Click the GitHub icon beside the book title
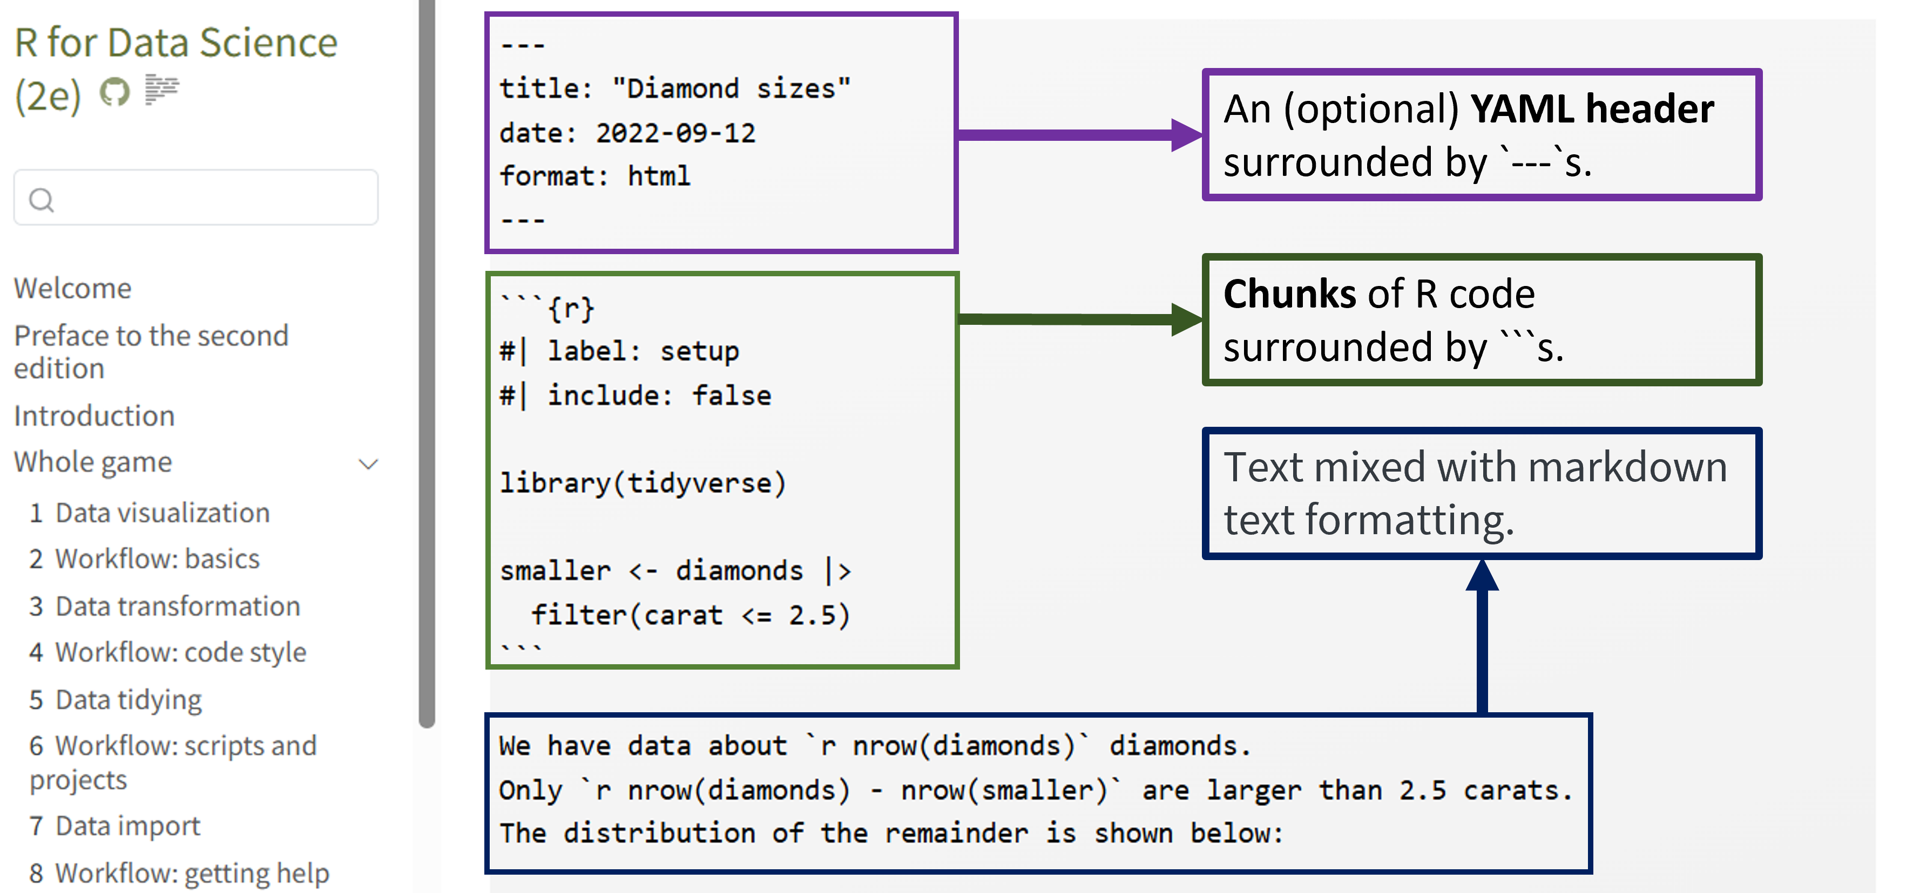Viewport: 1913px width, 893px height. pyautogui.click(x=114, y=92)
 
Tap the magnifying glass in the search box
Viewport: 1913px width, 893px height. pyautogui.click(x=41, y=200)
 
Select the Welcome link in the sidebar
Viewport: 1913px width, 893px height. pyautogui.click(x=73, y=288)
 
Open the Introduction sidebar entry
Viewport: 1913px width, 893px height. pyautogui.click(x=94, y=415)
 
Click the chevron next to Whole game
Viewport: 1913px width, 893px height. pyautogui.click(x=368, y=465)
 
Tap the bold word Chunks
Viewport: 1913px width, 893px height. pyautogui.click(x=1290, y=294)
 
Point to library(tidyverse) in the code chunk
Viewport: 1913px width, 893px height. pyautogui.click(x=643, y=483)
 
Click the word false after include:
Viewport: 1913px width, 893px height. pyautogui.click(x=732, y=396)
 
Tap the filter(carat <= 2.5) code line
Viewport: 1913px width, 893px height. pyautogui.click(x=690, y=615)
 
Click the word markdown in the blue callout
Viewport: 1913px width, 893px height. pyautogui.click(x=1627, y=468)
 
